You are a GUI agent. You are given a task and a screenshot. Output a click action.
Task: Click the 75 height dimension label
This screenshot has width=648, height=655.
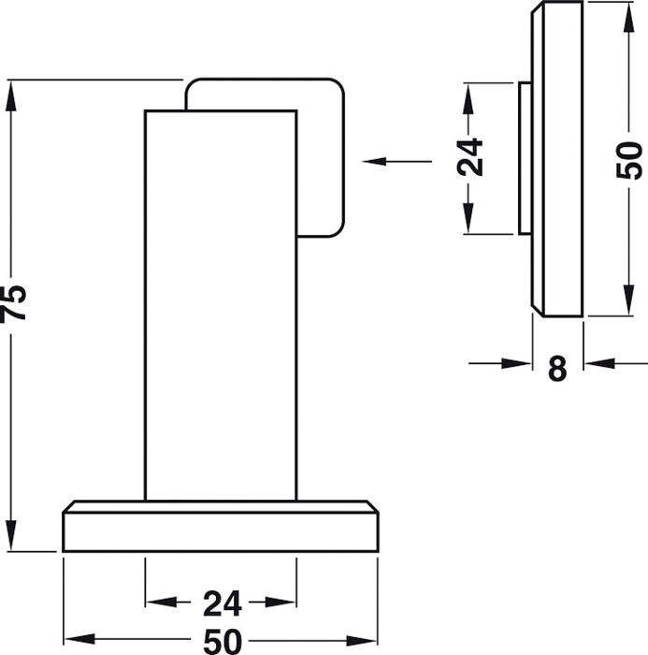coord(12,304)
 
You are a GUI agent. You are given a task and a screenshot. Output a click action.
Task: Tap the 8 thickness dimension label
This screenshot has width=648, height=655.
coord(557,369)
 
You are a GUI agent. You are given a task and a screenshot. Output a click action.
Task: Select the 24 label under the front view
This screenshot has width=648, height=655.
coord(223,604)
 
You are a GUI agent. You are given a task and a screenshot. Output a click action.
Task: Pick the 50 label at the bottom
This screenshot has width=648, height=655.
coord(223,642)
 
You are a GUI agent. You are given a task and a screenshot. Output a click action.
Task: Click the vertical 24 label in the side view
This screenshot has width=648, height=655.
coord(469,157)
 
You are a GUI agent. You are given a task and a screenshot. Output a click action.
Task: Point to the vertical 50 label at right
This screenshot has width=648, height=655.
coord(629,160)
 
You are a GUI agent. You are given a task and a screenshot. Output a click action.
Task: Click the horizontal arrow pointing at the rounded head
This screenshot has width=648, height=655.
coord(396,161)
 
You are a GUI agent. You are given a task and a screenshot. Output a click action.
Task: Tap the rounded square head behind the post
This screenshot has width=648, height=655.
coord(320,157)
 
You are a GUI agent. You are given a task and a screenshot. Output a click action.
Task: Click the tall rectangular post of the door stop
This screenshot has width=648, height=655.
coord(221,305)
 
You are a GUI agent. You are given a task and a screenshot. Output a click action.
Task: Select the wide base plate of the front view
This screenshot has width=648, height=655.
coord(221,526)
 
